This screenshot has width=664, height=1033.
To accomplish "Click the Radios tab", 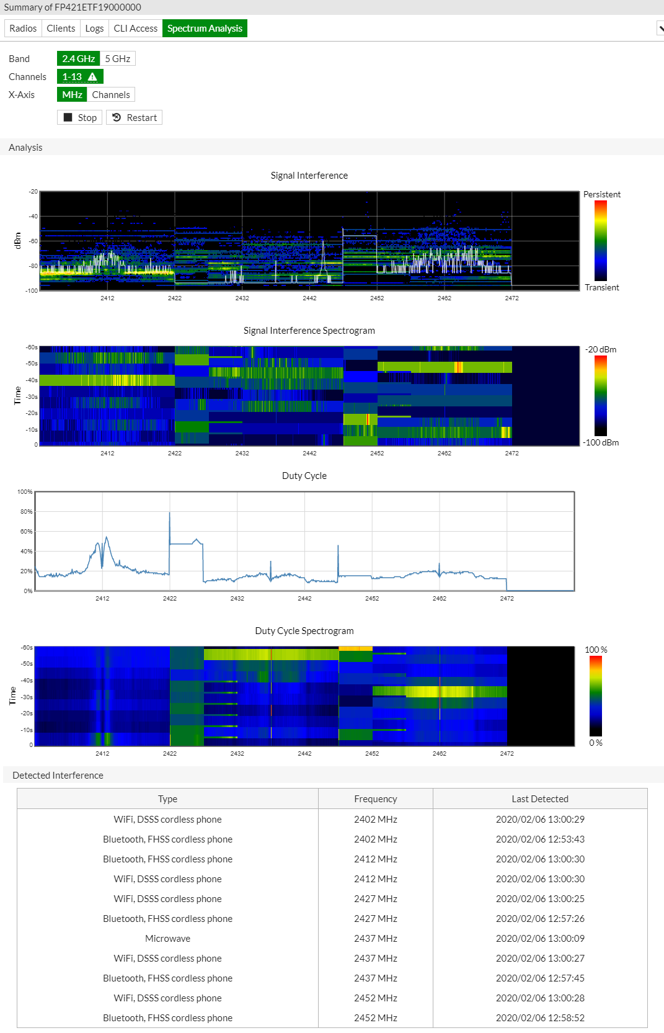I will point(23,29).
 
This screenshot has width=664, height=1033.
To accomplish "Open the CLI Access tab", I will point(135,29).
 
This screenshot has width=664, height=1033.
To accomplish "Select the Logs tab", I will point(94,29).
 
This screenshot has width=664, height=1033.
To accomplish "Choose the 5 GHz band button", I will point(117,59).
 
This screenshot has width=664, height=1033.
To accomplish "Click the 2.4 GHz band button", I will point(78,59).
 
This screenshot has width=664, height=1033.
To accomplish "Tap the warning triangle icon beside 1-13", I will point(92,77).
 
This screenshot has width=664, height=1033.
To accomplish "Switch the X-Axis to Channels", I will point(111,95).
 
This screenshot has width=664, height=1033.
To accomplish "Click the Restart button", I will point(135,118).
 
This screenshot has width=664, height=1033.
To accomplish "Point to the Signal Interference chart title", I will point(309,176).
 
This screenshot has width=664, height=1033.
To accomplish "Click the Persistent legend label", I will point(601,194).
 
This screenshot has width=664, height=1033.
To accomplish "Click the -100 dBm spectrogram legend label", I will point(601,442).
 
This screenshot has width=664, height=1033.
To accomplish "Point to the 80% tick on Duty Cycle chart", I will point(26,512).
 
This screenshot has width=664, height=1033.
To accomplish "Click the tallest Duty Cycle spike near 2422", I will point(170,514).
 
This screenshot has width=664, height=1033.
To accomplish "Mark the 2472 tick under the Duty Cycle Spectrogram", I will point(507,754).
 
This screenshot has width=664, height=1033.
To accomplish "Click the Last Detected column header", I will point(539,799).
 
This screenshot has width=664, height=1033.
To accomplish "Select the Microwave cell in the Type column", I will point(167,939).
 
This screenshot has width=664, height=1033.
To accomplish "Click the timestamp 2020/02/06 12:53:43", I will point(539,839).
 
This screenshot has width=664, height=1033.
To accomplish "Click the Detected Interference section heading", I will point(58,776).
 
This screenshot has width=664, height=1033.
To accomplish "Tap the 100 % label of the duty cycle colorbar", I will point(596,650).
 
